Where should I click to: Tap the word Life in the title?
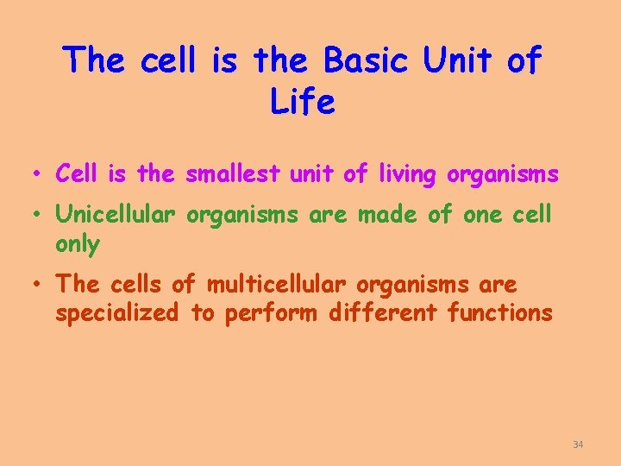tap(302, 102)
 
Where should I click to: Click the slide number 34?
tap(578, 444)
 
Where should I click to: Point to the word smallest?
tap(232, 174)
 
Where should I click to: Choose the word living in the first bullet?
tap(406, 174)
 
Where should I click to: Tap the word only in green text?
tap(78, 244)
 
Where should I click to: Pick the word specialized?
tap(116, 312)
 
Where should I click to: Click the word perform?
tap(272, 313)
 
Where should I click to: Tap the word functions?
tap(500, 312)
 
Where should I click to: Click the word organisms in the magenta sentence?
tap(503, 175)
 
